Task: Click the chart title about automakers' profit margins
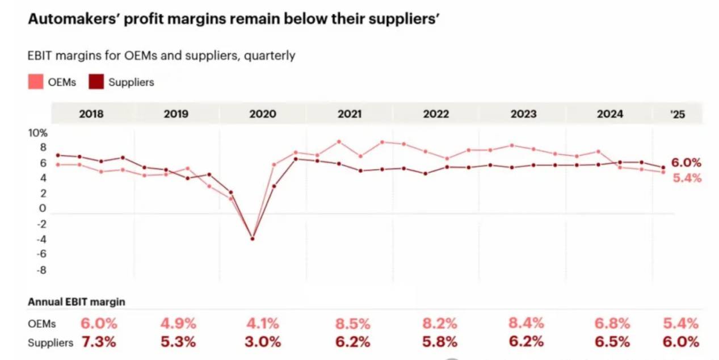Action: click(x=234, y=20)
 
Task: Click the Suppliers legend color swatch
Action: click(x=96, y=82)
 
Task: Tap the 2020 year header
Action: click(x=263, y=114)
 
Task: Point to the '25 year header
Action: click(x=678, y=114)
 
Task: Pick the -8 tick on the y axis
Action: click(x=41, y=270)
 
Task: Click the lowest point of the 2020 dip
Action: click(x=252, y=238)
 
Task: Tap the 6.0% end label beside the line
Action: click(x=686, y=163)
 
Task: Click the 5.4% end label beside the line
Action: click(x=687, y=178)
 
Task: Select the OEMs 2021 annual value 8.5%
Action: click(x=352, y=324)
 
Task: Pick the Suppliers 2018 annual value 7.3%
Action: click(x=98, y=342)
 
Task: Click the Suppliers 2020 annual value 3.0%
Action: click(x=262, y=342)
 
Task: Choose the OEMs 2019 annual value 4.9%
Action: click(x=178, y=324)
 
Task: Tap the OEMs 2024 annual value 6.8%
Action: click(x=612, y=324)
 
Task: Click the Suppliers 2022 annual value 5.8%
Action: click(x=440, y=342)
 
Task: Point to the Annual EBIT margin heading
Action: click(x=77, y=302)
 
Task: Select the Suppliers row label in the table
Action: click(x=51, y=343)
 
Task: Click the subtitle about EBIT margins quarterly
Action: click(x=161, y=56)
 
